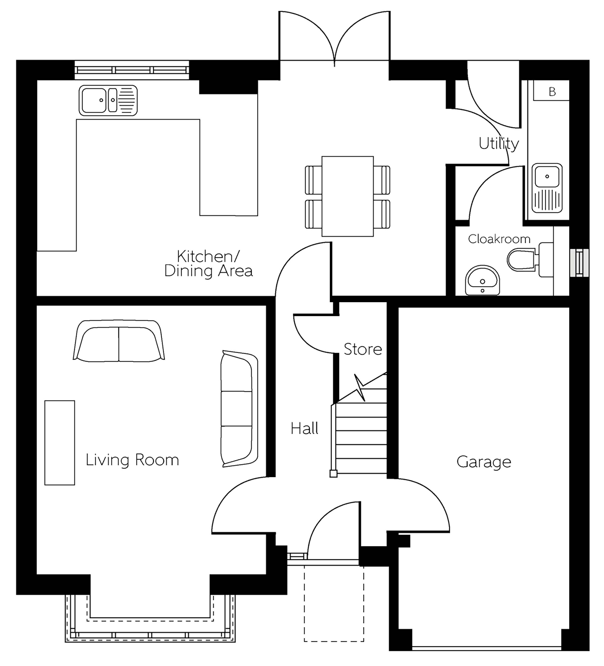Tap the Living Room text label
pyautogui.click(x=132, y=460)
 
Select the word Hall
pyautogui.click(x=304, y=428)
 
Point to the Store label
pyautogui.click(x=363, y=349)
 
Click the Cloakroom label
pyautogui.click(x=499, y=239)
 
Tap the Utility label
pyautogui.click(x=499, y=144)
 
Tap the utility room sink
pyautogui.click(x=547, y=188)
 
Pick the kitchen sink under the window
pyautogui.click(x=108, y=100)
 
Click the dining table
pyautogui.click(x=347, y=196)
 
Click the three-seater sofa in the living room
pyautogui.click(x=239, y=409)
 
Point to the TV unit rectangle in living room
pyautogui.click(x=60, y=443)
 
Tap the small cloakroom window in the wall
pyautogui.click(x=579, y=263)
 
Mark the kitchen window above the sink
pyautogui.click(x=132, y=70)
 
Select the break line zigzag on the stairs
pyautogui.click(x=360, y=387)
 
